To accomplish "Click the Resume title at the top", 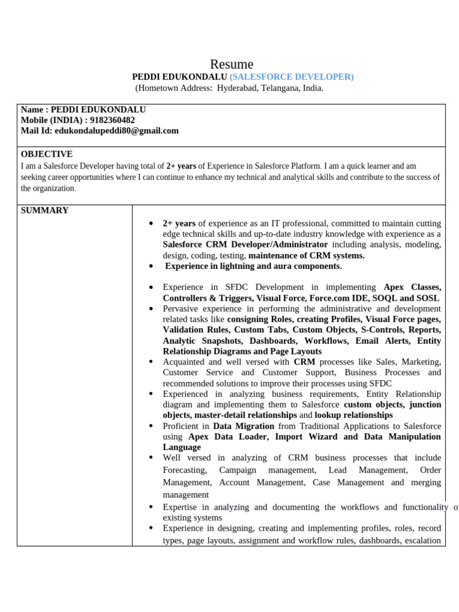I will (231, 64).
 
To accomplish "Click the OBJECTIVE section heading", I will (47, 154).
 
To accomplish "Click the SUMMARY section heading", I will (45, 210).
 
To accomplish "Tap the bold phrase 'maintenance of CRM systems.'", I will (306, 255).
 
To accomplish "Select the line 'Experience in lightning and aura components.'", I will (253, 266).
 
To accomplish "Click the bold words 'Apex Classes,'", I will (412, 287).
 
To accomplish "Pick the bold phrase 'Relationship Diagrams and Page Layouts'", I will (242, 351).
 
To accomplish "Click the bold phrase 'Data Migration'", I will (243, 426).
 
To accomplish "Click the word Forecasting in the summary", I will (185, 470).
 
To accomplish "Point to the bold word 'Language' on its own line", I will (182, 447).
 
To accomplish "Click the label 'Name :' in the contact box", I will (35, 110).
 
